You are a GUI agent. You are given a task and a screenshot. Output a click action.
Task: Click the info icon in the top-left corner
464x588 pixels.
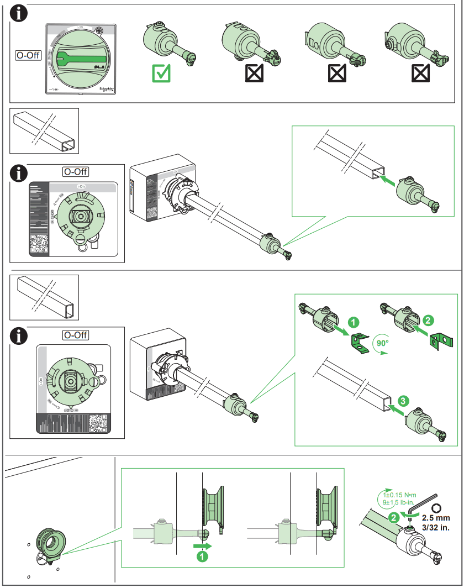pyautogui.click(x=20, y=14)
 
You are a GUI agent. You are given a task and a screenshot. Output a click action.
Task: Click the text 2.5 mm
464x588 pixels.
pyautogui.click(x=436, y=518)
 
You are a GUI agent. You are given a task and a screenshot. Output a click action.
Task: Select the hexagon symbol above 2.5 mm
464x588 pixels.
pyautogui.click(x=436, y=507)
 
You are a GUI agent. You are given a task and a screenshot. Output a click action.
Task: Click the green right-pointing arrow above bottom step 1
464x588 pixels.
pyautogui.click(x=202, y=545)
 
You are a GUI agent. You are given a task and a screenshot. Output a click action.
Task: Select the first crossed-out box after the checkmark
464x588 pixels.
pyautogui.click(x=254, y=73)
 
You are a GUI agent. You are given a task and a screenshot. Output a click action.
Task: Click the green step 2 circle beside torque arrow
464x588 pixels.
pyautogui.click(x=393, y=517)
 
